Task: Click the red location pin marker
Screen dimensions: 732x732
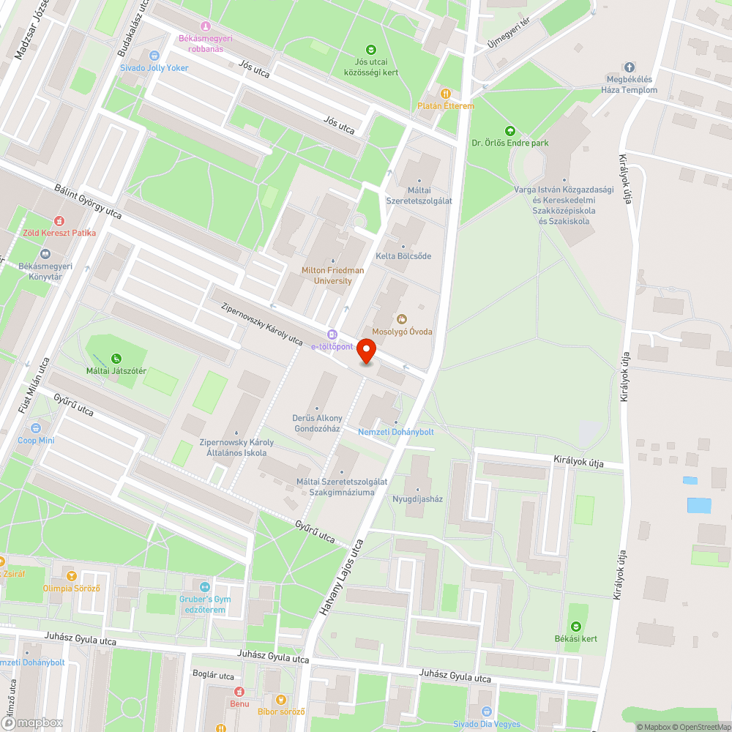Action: coord(366,353)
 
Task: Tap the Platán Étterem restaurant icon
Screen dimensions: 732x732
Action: coord(445,93)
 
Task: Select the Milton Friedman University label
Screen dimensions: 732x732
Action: coord(332,275)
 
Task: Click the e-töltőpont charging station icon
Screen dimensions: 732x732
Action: coord(332,334)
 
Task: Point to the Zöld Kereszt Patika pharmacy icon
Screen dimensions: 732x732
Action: coord(59,220)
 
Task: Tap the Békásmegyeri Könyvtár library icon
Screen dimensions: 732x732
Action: coord(45,254)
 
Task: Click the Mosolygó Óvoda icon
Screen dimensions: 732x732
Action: coord(401,319)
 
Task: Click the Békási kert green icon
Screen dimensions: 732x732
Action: coord(576,626)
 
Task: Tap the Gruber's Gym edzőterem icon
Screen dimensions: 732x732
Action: coord(205,587)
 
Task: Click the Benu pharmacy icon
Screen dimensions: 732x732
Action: coord(239,692)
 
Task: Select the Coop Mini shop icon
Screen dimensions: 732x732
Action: coord(36,428)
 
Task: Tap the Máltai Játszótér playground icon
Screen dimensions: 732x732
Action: coord(116,359)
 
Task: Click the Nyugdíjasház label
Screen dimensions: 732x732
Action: coord(418,498)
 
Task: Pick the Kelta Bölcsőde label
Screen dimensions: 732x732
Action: coord(403,256)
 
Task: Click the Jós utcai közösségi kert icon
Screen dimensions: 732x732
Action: coord(371,50)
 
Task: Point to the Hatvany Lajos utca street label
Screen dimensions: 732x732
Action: coord(343,576)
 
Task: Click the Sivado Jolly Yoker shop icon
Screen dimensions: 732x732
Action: coord(154,56)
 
